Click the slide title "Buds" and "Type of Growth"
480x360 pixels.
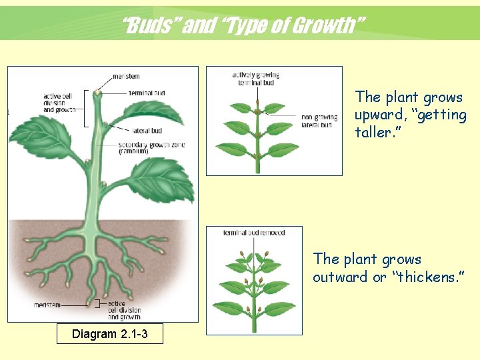[x=244, y=26]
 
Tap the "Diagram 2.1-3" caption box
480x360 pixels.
[x=109, y=333]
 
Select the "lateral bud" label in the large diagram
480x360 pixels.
[x=147, y=131]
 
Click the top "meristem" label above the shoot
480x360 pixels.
[x=126, y=76]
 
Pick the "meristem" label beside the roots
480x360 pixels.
[x=47, y=305]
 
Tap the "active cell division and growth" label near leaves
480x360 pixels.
[x=60, y=103]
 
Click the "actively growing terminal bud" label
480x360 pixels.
[x=256, y=79]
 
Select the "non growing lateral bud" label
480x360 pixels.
[x=319, y=121]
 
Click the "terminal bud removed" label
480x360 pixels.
[x=254, y=233]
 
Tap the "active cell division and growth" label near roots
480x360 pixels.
[x=124, y=310]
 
